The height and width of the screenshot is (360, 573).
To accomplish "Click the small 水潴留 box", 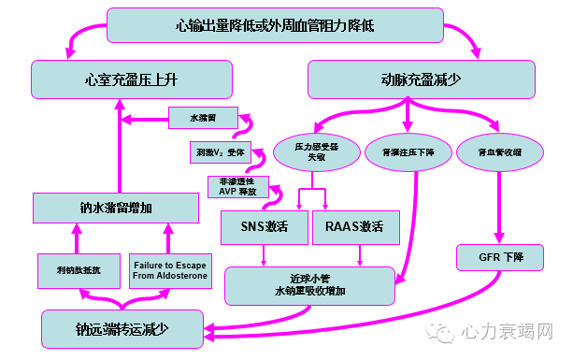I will click(203, 119).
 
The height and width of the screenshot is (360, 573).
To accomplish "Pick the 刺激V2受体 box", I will click(220, 151).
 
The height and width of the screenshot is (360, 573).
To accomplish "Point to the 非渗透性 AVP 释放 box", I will click(237, 186).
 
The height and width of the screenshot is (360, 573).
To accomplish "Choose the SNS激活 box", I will click(264, 226).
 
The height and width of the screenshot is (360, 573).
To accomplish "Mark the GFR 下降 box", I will click(500, 255).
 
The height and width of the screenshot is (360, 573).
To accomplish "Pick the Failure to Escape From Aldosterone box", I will click(171, 271).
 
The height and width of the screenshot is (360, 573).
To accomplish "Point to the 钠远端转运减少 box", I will click(123, 329).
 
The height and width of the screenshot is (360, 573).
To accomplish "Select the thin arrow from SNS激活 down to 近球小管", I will click(265, 253).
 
